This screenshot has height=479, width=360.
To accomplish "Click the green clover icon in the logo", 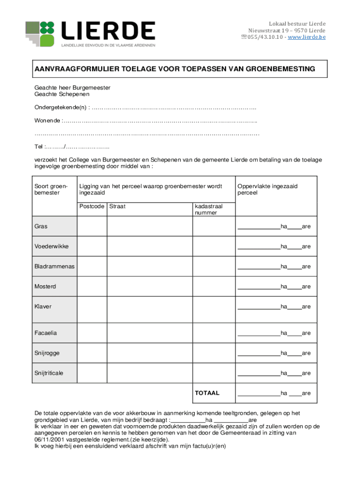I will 47,33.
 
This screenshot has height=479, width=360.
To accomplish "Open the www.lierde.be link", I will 307,37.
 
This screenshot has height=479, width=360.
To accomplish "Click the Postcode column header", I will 92,206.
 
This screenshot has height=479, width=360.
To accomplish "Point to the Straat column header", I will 117,206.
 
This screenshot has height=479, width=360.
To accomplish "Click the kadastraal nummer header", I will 208,209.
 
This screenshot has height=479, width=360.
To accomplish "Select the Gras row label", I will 41,226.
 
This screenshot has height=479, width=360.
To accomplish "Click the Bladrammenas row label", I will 54,267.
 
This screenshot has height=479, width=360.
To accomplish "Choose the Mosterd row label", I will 45,286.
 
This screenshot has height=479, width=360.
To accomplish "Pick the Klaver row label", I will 43,306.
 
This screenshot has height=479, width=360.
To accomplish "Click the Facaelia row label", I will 45,333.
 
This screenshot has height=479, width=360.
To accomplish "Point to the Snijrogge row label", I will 47,353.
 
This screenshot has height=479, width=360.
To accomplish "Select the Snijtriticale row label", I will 49,373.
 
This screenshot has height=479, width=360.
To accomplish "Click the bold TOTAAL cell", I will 207,393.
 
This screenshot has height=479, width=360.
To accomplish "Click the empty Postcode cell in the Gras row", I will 92,226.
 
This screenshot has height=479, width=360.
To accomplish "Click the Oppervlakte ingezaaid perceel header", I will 267,189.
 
